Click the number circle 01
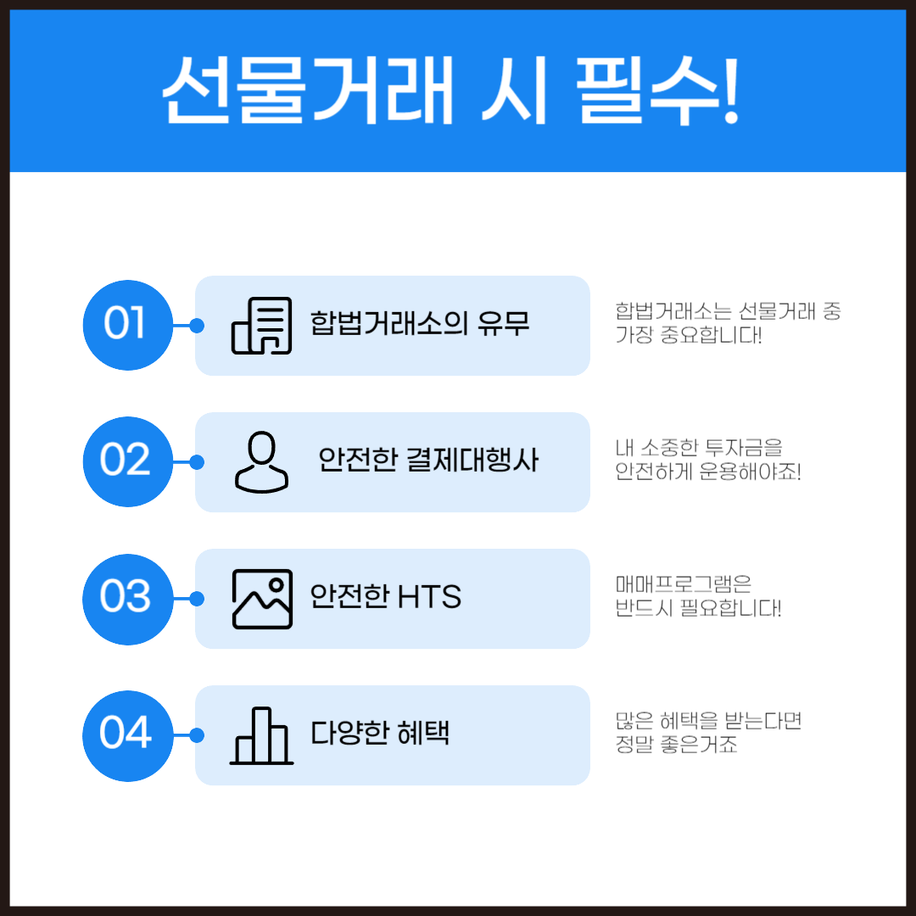point(126,325)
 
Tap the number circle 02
point(126,461)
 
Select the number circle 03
point(126,598)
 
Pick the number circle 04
point(126,734)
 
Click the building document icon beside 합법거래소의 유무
point(262,325)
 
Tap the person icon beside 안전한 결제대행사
point(261,461)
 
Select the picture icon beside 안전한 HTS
point(262,598)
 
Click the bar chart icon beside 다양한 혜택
point(261,735)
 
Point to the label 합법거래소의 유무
point(420,325)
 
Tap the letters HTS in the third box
point(428,598)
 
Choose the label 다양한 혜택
point(380,734)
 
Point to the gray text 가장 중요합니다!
point(689,336)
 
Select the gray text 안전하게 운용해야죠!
point(708,472)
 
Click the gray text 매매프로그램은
point(684,584)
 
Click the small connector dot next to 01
point(197,325)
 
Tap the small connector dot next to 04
point(197,734)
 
